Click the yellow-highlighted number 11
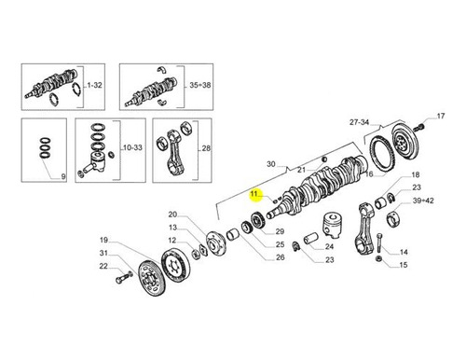(254, 194)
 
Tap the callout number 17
(441, 116)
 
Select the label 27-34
(359, 122)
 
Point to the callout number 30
(271, 164)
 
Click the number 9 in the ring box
(63, 176)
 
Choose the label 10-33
(132, 147)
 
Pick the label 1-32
(94, 85)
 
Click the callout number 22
(103, 266)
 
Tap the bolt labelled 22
(124, 277)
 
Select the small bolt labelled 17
(421, 127)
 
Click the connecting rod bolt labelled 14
(379, 242)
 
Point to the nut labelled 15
(378, 258)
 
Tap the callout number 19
(103, 240)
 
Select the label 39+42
(423, 201)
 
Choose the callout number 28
(206, 148)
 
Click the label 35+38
(199, 85)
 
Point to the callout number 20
(172, 215)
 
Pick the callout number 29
(280, 231)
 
